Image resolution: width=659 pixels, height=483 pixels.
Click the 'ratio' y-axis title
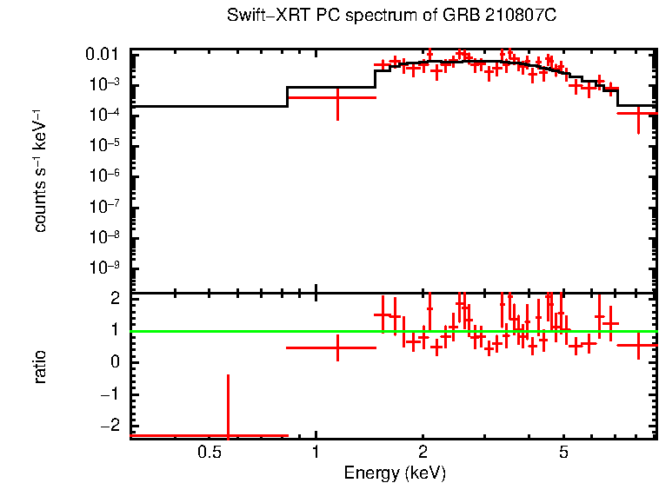pos(40,367)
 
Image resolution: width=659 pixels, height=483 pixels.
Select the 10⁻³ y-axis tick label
pos(106,85)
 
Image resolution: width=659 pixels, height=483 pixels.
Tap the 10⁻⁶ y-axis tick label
pos(106,176)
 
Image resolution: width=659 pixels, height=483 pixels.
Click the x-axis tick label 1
pos(316,453)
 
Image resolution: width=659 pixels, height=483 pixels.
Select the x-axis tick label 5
pos(563,453)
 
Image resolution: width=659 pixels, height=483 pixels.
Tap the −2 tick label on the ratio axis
pos(111,426)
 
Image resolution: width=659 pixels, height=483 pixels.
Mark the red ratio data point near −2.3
pos(228,435)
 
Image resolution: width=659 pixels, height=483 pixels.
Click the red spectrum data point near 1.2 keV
pos(337,97)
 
